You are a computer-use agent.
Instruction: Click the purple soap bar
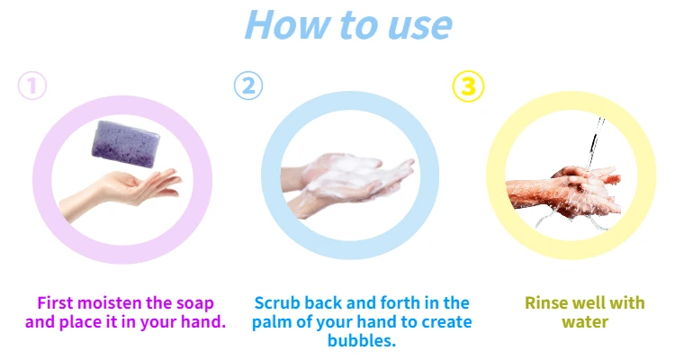click(x=125, y=144)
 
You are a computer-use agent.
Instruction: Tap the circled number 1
click(x=32, y=85)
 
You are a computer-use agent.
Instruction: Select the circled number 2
click(x=248, y=85)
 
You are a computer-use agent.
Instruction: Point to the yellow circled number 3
click(x=468, y=86)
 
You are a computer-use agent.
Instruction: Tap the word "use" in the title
click(x=419, y=27)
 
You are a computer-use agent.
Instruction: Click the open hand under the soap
click(x=121, y=193)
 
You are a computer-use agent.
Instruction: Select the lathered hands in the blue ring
click(x=347, y=183)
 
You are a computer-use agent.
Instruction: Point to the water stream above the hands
click(x=595, y=143)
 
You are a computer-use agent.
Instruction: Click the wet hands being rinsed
click(x=564, y=192)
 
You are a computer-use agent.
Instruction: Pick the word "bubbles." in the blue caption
click(x=362, y=340)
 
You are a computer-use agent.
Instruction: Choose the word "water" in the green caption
click(x=585, y=322)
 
